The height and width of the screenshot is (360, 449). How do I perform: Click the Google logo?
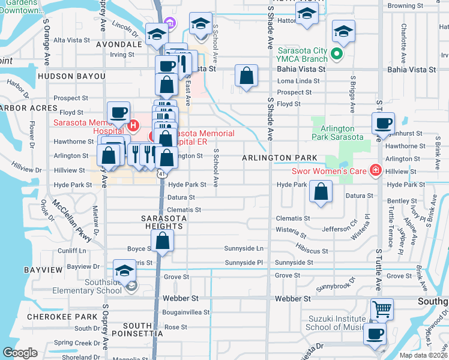20,353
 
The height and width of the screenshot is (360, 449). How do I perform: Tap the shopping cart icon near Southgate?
382,310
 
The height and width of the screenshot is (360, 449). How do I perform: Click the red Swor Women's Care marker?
376,170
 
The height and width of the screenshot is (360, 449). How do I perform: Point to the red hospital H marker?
133,126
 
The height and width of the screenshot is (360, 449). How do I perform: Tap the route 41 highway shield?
161,173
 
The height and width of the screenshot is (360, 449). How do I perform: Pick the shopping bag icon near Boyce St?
163,242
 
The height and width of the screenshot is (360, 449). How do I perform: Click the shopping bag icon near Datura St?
322,193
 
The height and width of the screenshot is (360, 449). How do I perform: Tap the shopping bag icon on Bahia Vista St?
246,76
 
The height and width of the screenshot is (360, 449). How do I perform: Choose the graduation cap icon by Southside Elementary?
125,270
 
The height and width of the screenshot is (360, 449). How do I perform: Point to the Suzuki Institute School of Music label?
336,323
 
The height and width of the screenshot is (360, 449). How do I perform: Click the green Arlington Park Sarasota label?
338,133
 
